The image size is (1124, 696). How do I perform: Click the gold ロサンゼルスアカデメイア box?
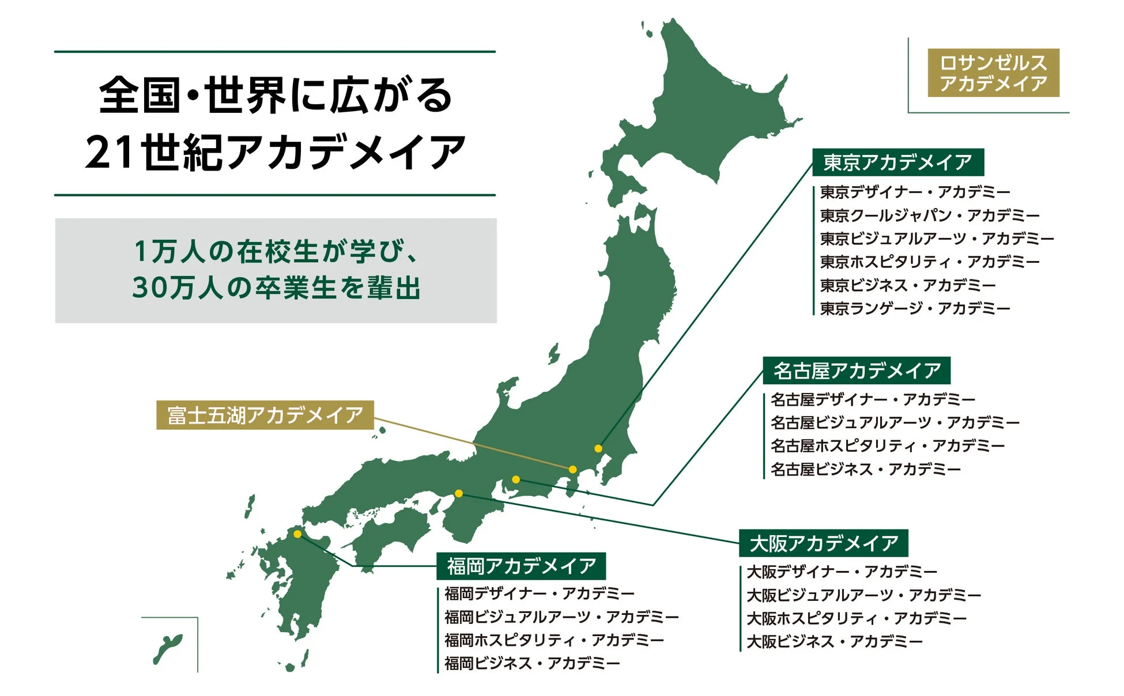(x=993, y=73)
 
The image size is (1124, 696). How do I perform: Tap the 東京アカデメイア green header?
(x=897, y=162)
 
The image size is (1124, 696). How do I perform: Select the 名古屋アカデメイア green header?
(x=857, y=370)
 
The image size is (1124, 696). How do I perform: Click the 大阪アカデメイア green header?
(x=823, y=543)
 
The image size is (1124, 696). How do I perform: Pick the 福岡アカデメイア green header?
(x=521, y=566)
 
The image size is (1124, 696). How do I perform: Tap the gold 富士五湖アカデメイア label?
(x=265, y=415)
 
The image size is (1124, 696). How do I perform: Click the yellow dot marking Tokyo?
(x=598, y=448)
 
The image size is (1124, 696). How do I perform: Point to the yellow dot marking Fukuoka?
(x=297, y=534)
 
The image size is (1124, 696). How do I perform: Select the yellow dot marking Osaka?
(x=459, y=493)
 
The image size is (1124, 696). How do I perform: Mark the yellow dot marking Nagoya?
(x=516, y=479)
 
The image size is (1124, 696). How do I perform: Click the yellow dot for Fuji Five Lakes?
(x=572, y=470)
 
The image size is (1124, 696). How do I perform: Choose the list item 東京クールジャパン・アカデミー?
(x=929, y=215)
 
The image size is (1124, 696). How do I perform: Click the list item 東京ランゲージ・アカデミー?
(x=915, y=309)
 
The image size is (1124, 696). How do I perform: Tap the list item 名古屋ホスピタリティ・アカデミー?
(x=888, y=446)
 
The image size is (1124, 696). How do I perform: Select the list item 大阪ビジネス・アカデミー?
(x=835, y=642)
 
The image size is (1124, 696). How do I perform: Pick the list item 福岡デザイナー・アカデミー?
(x=539, y=593)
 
